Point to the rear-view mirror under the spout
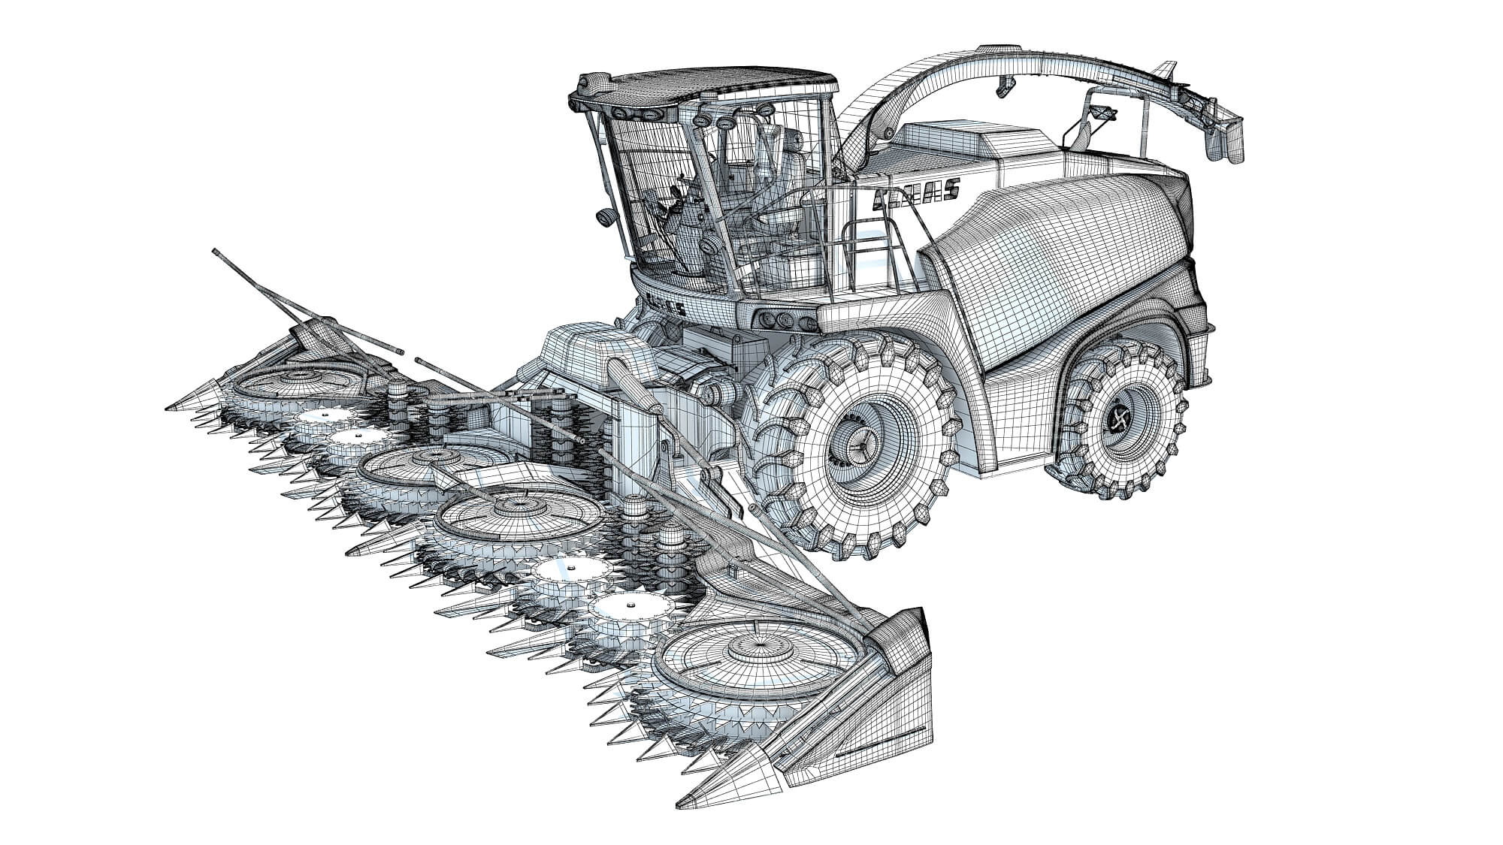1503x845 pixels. click(x=1102, y=114)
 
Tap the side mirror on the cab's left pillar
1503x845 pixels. click(x=603, y=216)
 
